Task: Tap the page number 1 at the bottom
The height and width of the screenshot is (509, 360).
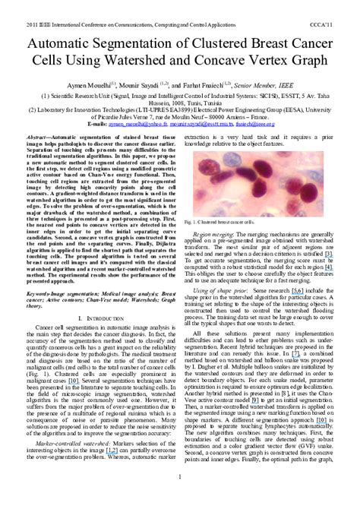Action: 180,498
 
